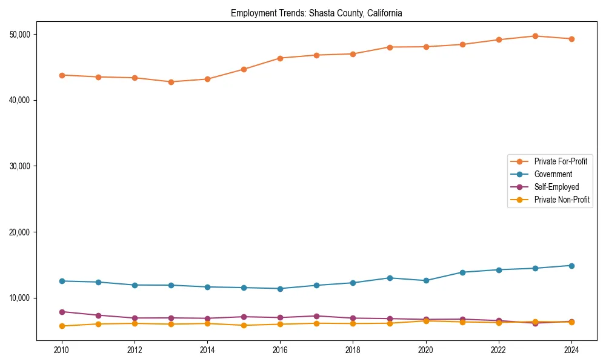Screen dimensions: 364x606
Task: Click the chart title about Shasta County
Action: tap(316, 13)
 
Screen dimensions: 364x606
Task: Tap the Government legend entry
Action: tap(553, 174)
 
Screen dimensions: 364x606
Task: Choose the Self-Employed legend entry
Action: tap(556, 187)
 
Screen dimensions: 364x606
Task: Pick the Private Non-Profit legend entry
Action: tap(562, 200)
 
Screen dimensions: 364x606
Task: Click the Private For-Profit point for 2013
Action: tap(171, 82)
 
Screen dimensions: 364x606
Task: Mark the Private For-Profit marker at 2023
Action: tap(535, 36)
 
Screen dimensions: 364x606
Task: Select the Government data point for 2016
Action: tap(280, 289)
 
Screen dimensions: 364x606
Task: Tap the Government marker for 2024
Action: tap(571, 266)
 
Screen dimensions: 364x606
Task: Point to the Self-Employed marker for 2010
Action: tap(61, 312)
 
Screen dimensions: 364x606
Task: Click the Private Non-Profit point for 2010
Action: tap(61, 326)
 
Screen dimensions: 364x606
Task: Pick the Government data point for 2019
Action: tap(390, 278)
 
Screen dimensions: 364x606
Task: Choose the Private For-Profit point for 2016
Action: tap(280, 58)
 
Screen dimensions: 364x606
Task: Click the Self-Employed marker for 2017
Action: tap(316, 316)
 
